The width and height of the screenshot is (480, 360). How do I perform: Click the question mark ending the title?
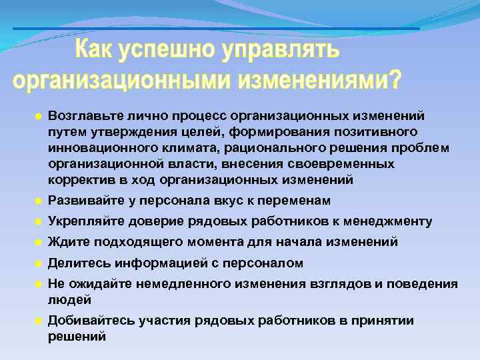[x=394, y=79]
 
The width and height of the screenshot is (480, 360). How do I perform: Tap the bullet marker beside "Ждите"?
[x=39, y=242]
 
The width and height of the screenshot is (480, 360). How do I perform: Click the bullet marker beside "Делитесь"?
[x=39, y=263]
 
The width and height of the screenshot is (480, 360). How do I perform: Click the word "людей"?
[x=67, y=300]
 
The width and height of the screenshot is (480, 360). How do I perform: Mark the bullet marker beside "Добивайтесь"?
[x=39, y=321]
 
